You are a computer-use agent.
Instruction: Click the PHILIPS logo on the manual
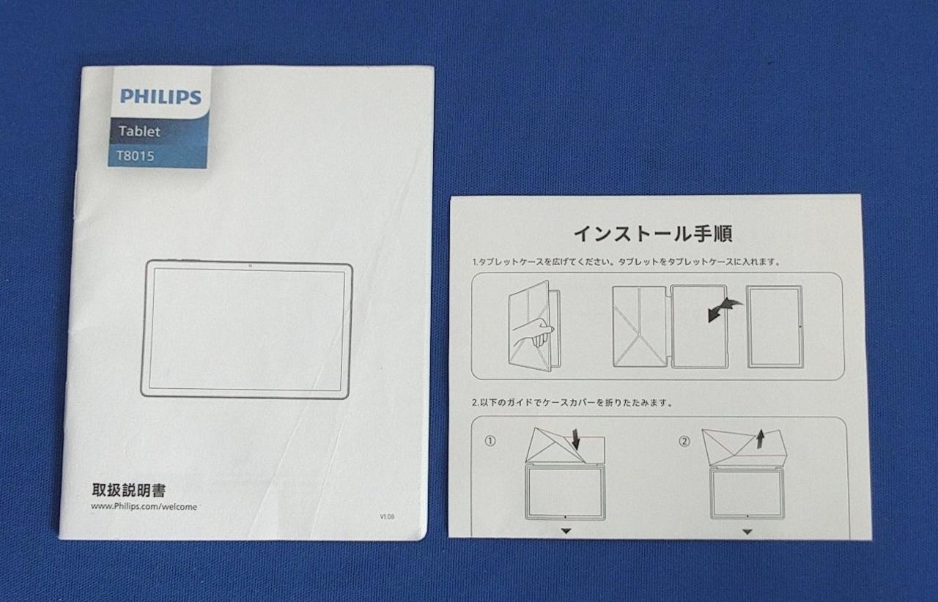(x=160, y=96)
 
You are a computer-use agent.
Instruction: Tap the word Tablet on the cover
(x=139, y=131)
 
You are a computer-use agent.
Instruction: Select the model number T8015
(x=136, y=156)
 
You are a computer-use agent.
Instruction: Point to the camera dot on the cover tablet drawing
(x=251, y=265)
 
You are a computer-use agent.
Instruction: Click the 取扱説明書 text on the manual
(x=129, y=490)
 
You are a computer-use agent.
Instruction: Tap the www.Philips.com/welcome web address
(x=144, y=507)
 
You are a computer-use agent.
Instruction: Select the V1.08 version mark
(x=387, y=516)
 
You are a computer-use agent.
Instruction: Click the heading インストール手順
(x=653, y=234)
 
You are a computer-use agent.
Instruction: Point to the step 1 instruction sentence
(x=627, y=262)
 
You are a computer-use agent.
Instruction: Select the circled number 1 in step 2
(x=490, y=441)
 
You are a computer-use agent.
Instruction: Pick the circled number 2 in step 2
(x=684, y=441)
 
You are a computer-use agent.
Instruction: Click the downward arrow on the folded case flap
(x=576, y=439)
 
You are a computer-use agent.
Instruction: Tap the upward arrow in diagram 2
(x=761, y=439)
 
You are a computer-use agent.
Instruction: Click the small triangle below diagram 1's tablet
(x=566, y=531)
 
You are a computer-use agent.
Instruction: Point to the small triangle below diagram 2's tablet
(x=747, y=532)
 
